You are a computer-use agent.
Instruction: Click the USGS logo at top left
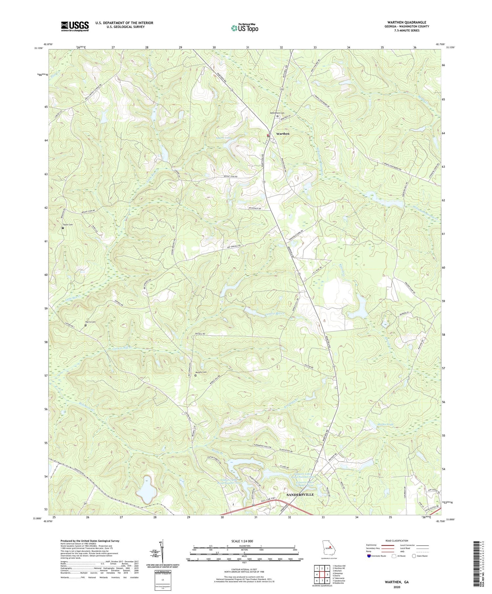(74, 26)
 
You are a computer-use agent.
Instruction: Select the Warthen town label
(283, 134)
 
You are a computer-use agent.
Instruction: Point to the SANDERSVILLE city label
(300, 494)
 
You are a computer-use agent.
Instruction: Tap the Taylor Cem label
(67, 225)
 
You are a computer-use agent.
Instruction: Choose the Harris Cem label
(90, 322)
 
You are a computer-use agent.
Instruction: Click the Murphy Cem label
(201, 372)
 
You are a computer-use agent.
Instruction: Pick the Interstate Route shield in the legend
(369, 556)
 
